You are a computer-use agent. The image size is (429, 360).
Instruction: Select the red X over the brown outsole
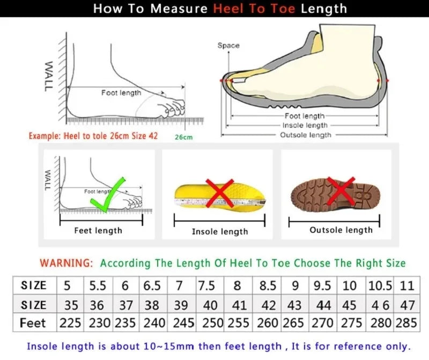tap(341, 190)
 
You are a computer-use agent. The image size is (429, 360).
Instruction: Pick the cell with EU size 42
tap(268, 305)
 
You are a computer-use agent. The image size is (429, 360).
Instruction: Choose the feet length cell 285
tap(407, 323)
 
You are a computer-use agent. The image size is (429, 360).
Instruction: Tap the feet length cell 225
tap(71, 323)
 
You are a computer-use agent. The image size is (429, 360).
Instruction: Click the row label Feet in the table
tap(33, 323)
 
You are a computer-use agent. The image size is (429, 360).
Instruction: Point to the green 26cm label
tap(183, 137)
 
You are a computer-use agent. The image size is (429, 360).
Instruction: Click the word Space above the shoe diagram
tap(228, 46)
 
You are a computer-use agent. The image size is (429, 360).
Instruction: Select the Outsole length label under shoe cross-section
tap(306, 135)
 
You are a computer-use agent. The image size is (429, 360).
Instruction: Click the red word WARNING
tap(66, 263)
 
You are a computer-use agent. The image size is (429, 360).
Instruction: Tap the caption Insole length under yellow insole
tap(220, 232)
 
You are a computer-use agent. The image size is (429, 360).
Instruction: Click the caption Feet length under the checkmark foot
tap(98, 231)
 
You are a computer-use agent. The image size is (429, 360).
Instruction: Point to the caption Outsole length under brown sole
tap(341, 230)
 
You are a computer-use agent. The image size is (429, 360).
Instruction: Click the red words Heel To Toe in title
tap(255, 9)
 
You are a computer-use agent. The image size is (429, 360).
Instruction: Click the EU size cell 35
tap(71, 305)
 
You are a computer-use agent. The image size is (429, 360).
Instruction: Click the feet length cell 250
tap(206, 323)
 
